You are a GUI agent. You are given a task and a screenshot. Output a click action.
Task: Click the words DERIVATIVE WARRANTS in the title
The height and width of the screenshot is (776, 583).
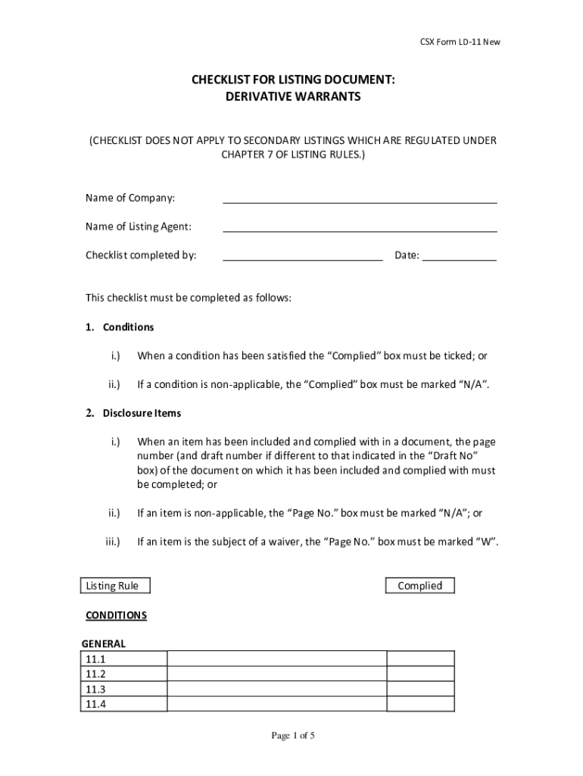tap(291, 96)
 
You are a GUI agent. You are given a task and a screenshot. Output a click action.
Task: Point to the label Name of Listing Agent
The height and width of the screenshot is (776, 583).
tap(138, 227)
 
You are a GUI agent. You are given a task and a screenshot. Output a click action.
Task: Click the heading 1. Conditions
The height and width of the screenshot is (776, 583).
tap(119, 327)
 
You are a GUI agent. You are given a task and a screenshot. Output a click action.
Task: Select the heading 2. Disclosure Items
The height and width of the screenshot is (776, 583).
tap(132, 414)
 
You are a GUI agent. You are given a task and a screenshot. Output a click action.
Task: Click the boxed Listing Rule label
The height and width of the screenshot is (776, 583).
tap(114, 586)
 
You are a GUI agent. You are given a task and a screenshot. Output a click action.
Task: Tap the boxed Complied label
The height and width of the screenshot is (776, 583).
tap(419, 586)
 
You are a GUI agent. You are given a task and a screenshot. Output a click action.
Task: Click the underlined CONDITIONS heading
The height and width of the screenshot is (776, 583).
tap(116, 615)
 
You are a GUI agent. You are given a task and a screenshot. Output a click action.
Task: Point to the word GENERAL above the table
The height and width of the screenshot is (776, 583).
tap(104, 644)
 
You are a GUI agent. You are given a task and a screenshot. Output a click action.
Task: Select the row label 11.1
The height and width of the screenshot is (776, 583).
tap(95, 659)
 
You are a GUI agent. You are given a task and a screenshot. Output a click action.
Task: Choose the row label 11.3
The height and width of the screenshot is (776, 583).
tap(95, 690)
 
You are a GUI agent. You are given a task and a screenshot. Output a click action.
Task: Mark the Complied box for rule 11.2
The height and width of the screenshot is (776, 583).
tap(421, 674)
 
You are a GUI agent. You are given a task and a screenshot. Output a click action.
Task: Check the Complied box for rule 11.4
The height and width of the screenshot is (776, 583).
tap(421, 705)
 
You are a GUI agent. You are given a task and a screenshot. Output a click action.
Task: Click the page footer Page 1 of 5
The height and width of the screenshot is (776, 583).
tap(292, 736)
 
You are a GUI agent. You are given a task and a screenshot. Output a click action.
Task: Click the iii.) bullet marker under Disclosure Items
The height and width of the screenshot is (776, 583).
tap(112, 542)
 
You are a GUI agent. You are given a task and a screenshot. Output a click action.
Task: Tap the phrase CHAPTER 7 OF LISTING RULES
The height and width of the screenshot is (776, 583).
tap(291, 155)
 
